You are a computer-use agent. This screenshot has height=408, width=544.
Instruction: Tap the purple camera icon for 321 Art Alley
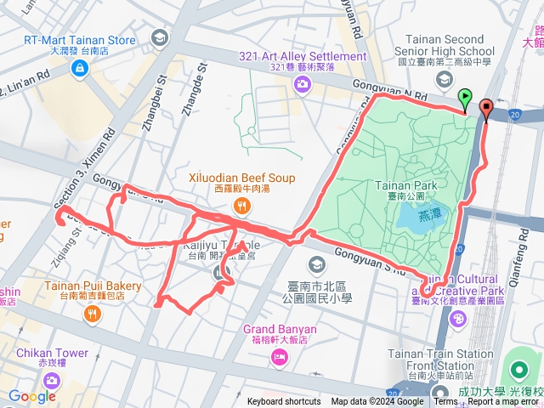pyautogui.click(x=302, y=83)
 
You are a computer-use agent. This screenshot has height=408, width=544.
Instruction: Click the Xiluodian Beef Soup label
pyautogui.click(x=241, y=178)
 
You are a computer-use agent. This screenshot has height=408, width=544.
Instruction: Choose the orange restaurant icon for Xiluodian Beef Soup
pyautogui.click(x=242, y=204)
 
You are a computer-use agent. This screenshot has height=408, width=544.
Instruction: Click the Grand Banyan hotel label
pyautogui.click(x=280, y=329)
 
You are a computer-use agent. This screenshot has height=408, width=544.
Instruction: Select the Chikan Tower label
pyautogui.click(x=50, y=353)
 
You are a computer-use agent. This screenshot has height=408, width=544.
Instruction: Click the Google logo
pyautogui.click(x=32, y=396)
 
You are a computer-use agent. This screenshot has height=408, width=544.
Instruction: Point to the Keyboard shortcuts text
pyautogui.click(x=284, y=402)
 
